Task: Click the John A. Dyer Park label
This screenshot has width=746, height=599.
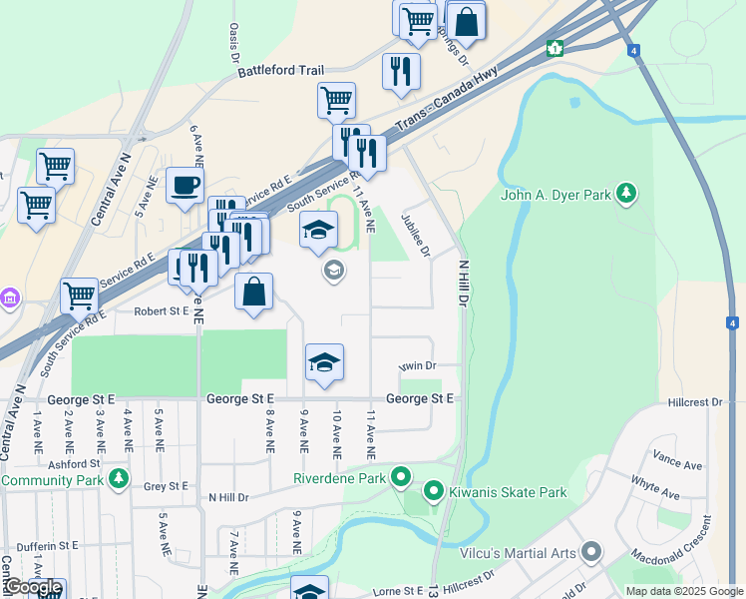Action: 557,196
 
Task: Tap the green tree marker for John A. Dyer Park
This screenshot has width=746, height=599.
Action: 626,193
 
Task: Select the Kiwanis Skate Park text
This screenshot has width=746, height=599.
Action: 509,492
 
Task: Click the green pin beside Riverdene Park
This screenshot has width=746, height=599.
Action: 401,477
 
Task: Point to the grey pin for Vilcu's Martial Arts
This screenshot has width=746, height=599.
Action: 591,552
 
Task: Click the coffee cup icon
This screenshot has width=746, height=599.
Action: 184,186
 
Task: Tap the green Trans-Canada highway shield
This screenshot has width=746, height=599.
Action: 555,48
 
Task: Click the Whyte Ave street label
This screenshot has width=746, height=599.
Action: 655,488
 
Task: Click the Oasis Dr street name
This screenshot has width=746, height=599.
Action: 234,42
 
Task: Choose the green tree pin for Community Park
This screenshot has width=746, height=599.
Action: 119,479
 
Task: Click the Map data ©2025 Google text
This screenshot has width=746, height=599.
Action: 684,591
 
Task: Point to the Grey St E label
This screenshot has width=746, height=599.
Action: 166,486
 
